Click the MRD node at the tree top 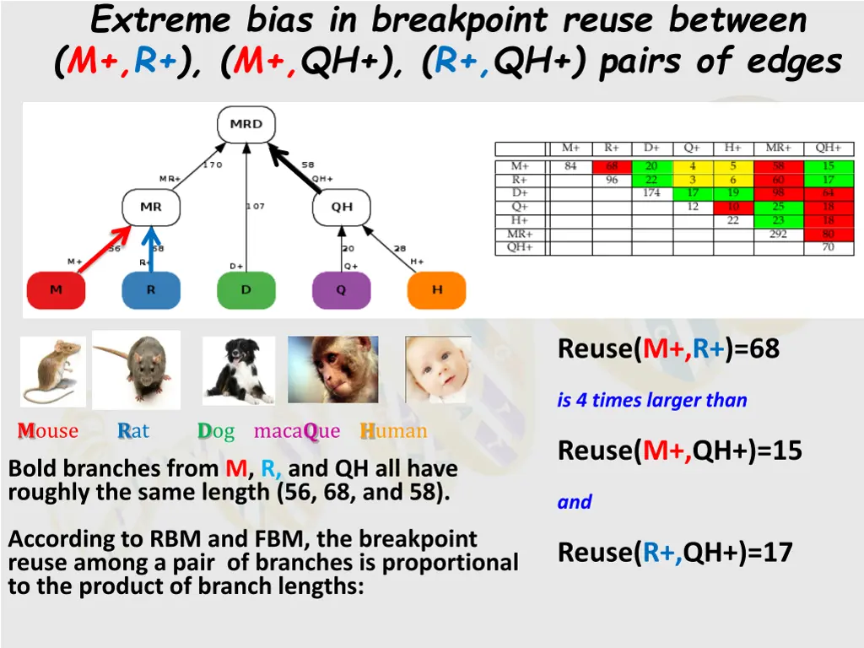pyautogui.click(x=246, y=124)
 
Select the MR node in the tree pyautogui.click(x=151, y=207)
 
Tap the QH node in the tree pyautogui.click(x=342, y=207)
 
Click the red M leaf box pyautogui.click(x=56, y=290)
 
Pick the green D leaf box pyautogui.click(x=246, y=290)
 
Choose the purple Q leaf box pyautogui.click(x=342, y=290)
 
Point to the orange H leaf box pyautogui.click(x=437, y=290)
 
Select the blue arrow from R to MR pyautogui.click(x=151, y=249)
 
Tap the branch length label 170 pyautogui.click(x=212, y=165)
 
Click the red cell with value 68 pyautogui.click(x=612, y=166)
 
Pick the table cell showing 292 pyautogui.click(x=778, y=235)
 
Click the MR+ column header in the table pyautogui.click(x=778, y=148)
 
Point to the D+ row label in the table pyautogui.click(x=521, y=193)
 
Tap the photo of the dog pyautogui.click(x=239, y=370)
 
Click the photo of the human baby pyautogui.click(x=438, y=370)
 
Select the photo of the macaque pyautogui.click(x=333, y=370)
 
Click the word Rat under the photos pyautogui.click(x=133, y=431)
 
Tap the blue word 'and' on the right pyautogui.click(x=575, y=502)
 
